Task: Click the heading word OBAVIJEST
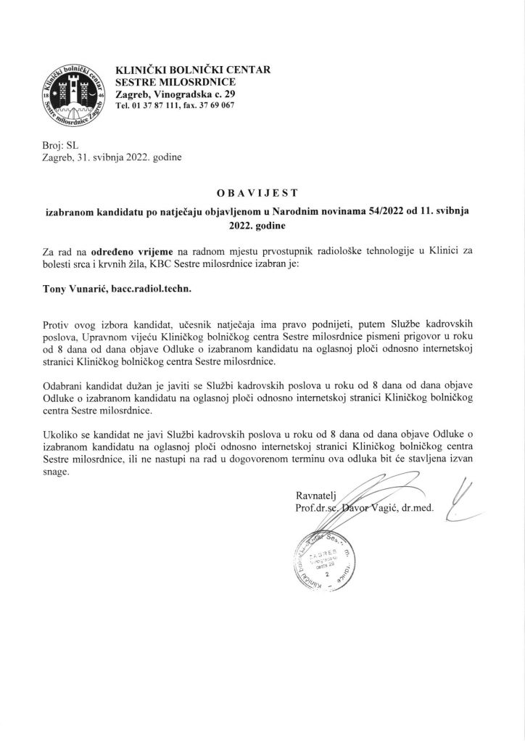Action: (x=262, y=193)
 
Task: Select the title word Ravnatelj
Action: (x=316, y=496)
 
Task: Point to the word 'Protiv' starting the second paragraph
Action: (x=59, y=321)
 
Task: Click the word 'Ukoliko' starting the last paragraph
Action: (x=63, y=433)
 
